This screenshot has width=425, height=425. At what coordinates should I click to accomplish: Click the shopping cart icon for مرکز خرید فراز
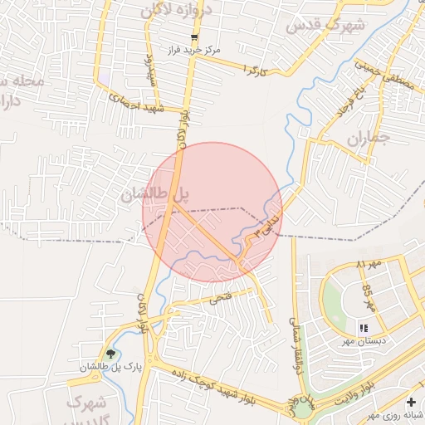pos(194,37)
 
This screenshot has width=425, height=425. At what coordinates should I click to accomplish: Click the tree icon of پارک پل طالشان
pos(110,354)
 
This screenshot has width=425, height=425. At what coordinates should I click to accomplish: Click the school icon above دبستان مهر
pos(364,329)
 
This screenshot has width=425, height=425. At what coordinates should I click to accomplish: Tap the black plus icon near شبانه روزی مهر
pos(411,402)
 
